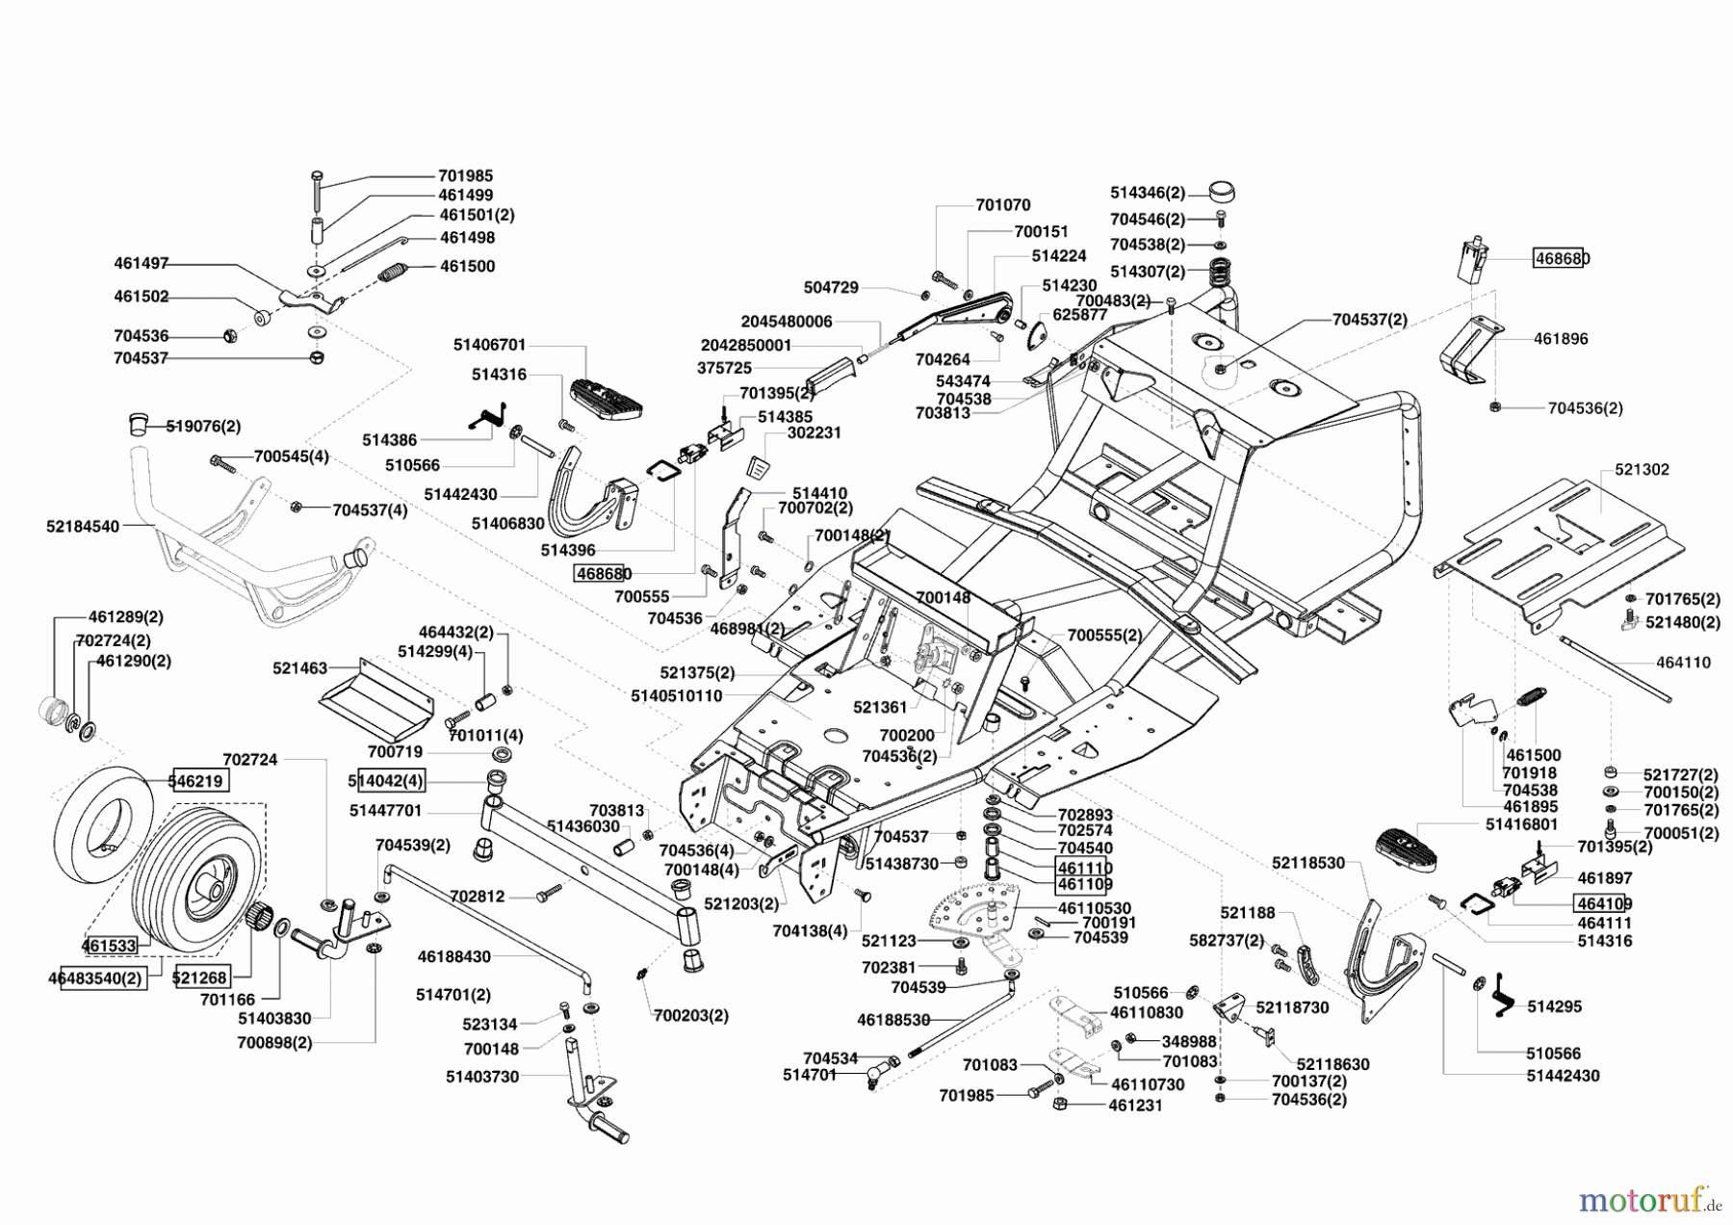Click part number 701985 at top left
click(x=465, y=176)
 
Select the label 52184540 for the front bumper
click(x=83, y=527)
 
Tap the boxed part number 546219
click(x=199, y=781)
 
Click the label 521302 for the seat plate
click(x=1642, y=470)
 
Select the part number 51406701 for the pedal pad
click(x=489, y=345)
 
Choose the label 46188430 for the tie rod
click(x=454, y=957)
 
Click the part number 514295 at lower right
click(x=1554, y=1006)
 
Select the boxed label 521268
click(x=200, y=977)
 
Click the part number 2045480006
click(x=786, y=322)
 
